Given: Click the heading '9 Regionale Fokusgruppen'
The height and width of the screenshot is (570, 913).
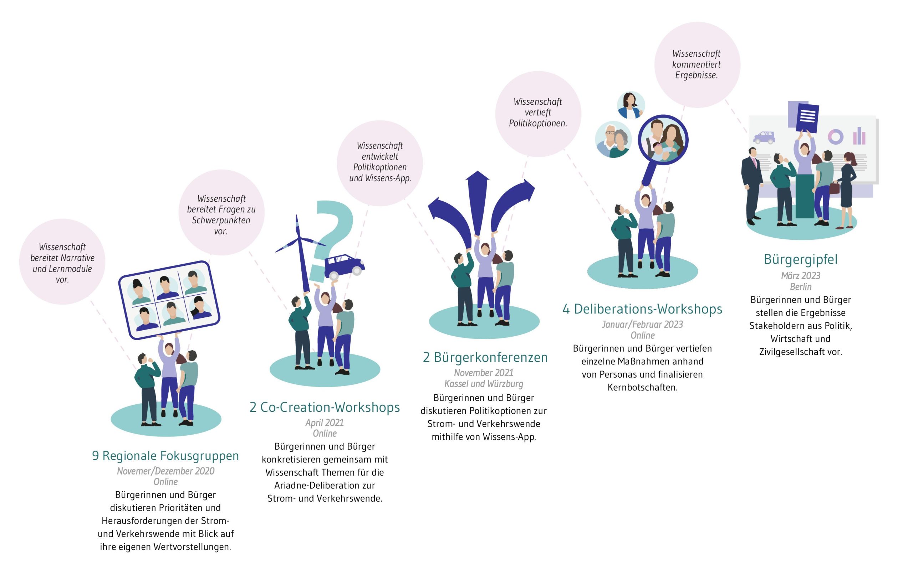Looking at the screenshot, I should (165, 455).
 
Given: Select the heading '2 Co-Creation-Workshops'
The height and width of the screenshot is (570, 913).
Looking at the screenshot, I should (325, 407).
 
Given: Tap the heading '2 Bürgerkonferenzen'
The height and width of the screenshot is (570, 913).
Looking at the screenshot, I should (485, 357).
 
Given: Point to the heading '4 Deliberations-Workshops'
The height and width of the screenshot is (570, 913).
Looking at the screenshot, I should (642, 309).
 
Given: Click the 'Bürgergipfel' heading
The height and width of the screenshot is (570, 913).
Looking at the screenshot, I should (800, 259).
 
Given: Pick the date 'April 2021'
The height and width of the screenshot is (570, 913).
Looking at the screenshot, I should (325, 423).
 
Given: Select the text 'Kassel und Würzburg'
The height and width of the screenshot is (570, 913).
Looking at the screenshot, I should (484, 384).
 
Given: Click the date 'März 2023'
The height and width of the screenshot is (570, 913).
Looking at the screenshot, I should (800, 276).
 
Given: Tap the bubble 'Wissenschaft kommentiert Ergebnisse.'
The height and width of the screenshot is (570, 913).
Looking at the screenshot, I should (697, 64).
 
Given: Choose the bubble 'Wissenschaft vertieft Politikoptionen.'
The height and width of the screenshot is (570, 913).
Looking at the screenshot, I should (537, 112).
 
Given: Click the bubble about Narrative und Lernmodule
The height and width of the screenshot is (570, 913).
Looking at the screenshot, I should (62, 263).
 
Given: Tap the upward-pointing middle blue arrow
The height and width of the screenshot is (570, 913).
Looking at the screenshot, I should (478, 200).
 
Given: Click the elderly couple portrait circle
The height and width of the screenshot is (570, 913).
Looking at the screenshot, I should (613, 140).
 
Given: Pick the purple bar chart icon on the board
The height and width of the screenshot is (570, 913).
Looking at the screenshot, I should (859, 136).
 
